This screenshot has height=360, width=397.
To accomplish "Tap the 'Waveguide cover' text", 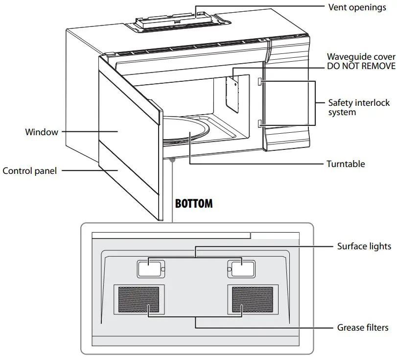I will [361, 57].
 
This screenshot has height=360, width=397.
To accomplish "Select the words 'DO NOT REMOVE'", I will [361, 66].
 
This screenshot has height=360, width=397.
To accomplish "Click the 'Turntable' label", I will [346, 164].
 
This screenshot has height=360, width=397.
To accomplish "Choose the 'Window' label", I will [42, 132].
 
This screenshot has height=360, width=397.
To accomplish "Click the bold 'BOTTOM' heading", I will [194, 203].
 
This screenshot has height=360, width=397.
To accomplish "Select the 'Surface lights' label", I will [364, 246].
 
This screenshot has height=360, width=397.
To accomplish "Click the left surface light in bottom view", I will [148, 268].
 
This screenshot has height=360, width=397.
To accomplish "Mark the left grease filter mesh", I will [140, 300].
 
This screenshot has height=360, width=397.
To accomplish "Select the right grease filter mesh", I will [252, 300].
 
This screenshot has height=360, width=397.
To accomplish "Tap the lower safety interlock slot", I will [261, 122].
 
